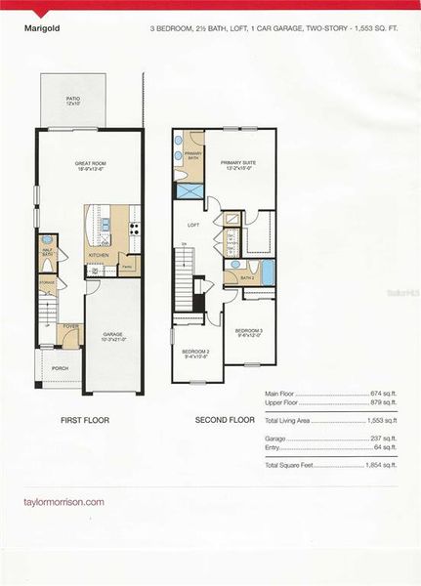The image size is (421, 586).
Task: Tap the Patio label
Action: point(72,100)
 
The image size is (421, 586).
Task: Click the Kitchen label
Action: point(99,256)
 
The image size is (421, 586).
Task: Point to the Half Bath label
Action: point(48,251)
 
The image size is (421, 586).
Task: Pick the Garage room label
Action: point(112,335)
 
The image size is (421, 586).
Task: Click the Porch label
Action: point(46,368)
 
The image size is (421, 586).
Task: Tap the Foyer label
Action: point(70,327)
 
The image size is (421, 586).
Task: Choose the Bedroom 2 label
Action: point(194,353)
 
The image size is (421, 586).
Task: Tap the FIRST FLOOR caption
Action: point(85,421)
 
